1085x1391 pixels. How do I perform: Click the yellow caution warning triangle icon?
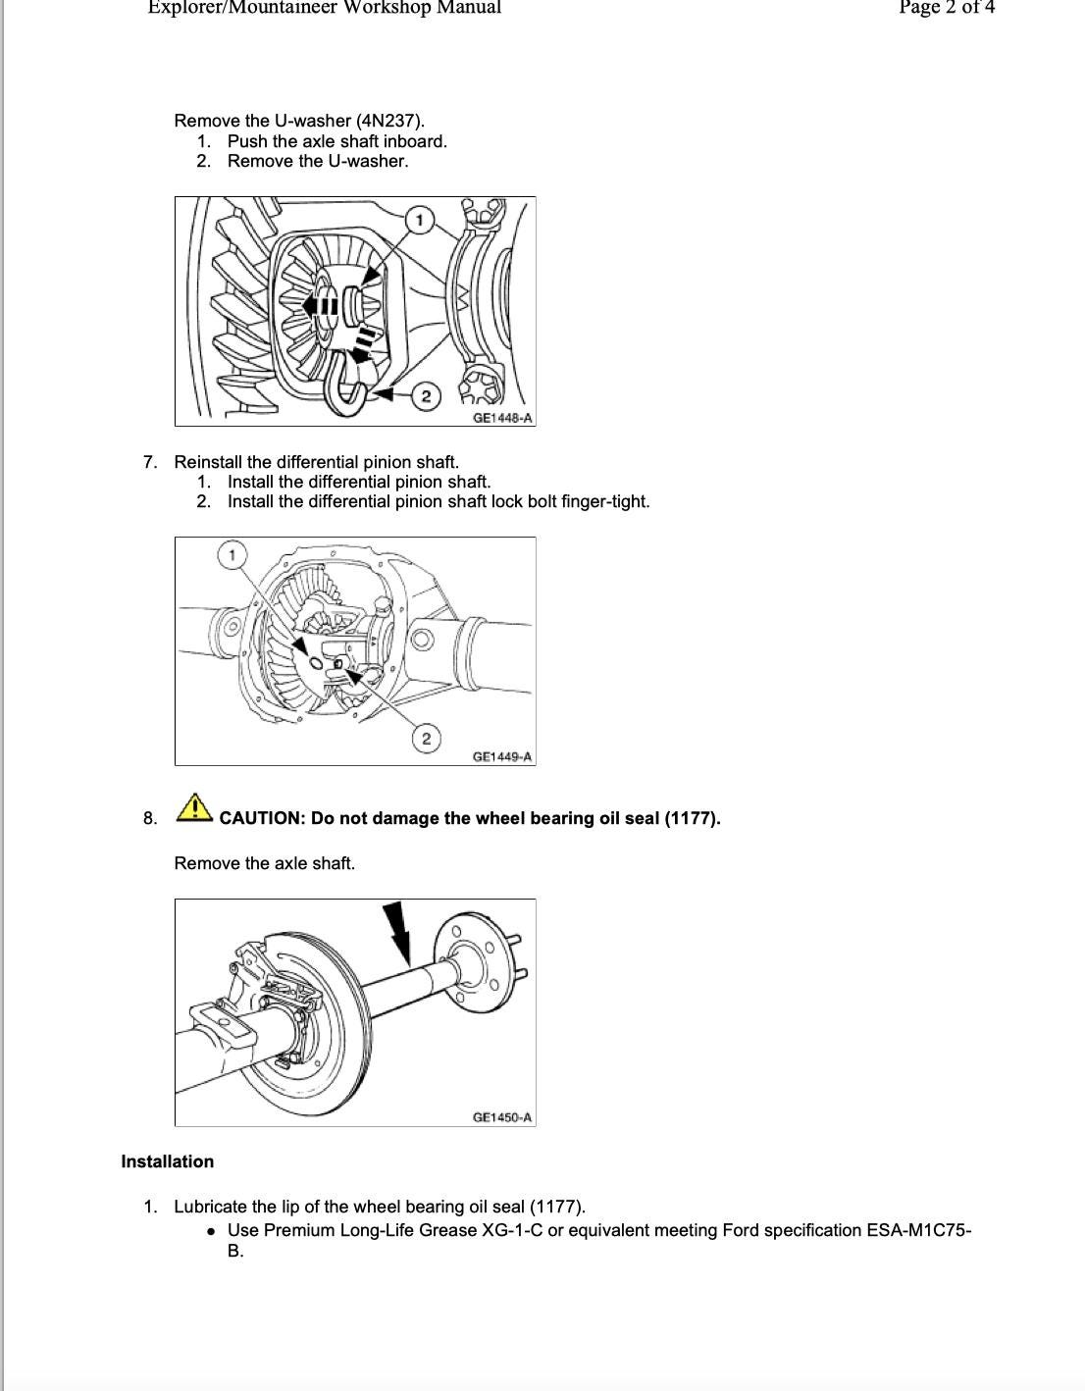point(195,807)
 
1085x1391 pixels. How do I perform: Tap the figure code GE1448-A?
point(502,418)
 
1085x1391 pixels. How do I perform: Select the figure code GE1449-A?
point(502,756)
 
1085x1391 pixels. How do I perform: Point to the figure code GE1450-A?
point(502,1117)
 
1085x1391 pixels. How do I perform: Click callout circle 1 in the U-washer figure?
point(420,220)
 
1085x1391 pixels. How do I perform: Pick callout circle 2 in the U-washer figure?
point(426,396)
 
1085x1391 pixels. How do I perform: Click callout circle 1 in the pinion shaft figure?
point(232,556)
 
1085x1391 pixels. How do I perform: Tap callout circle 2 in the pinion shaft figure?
point(426,739)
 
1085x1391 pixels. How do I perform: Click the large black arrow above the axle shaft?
point(396,931)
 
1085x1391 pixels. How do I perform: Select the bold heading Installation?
point(167,1161)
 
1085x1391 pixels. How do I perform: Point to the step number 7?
point(149,462)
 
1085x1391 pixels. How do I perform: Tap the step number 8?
point(149,818)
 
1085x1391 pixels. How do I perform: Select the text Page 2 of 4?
point(946,8)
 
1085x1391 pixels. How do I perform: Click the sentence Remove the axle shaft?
point(265,863)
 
